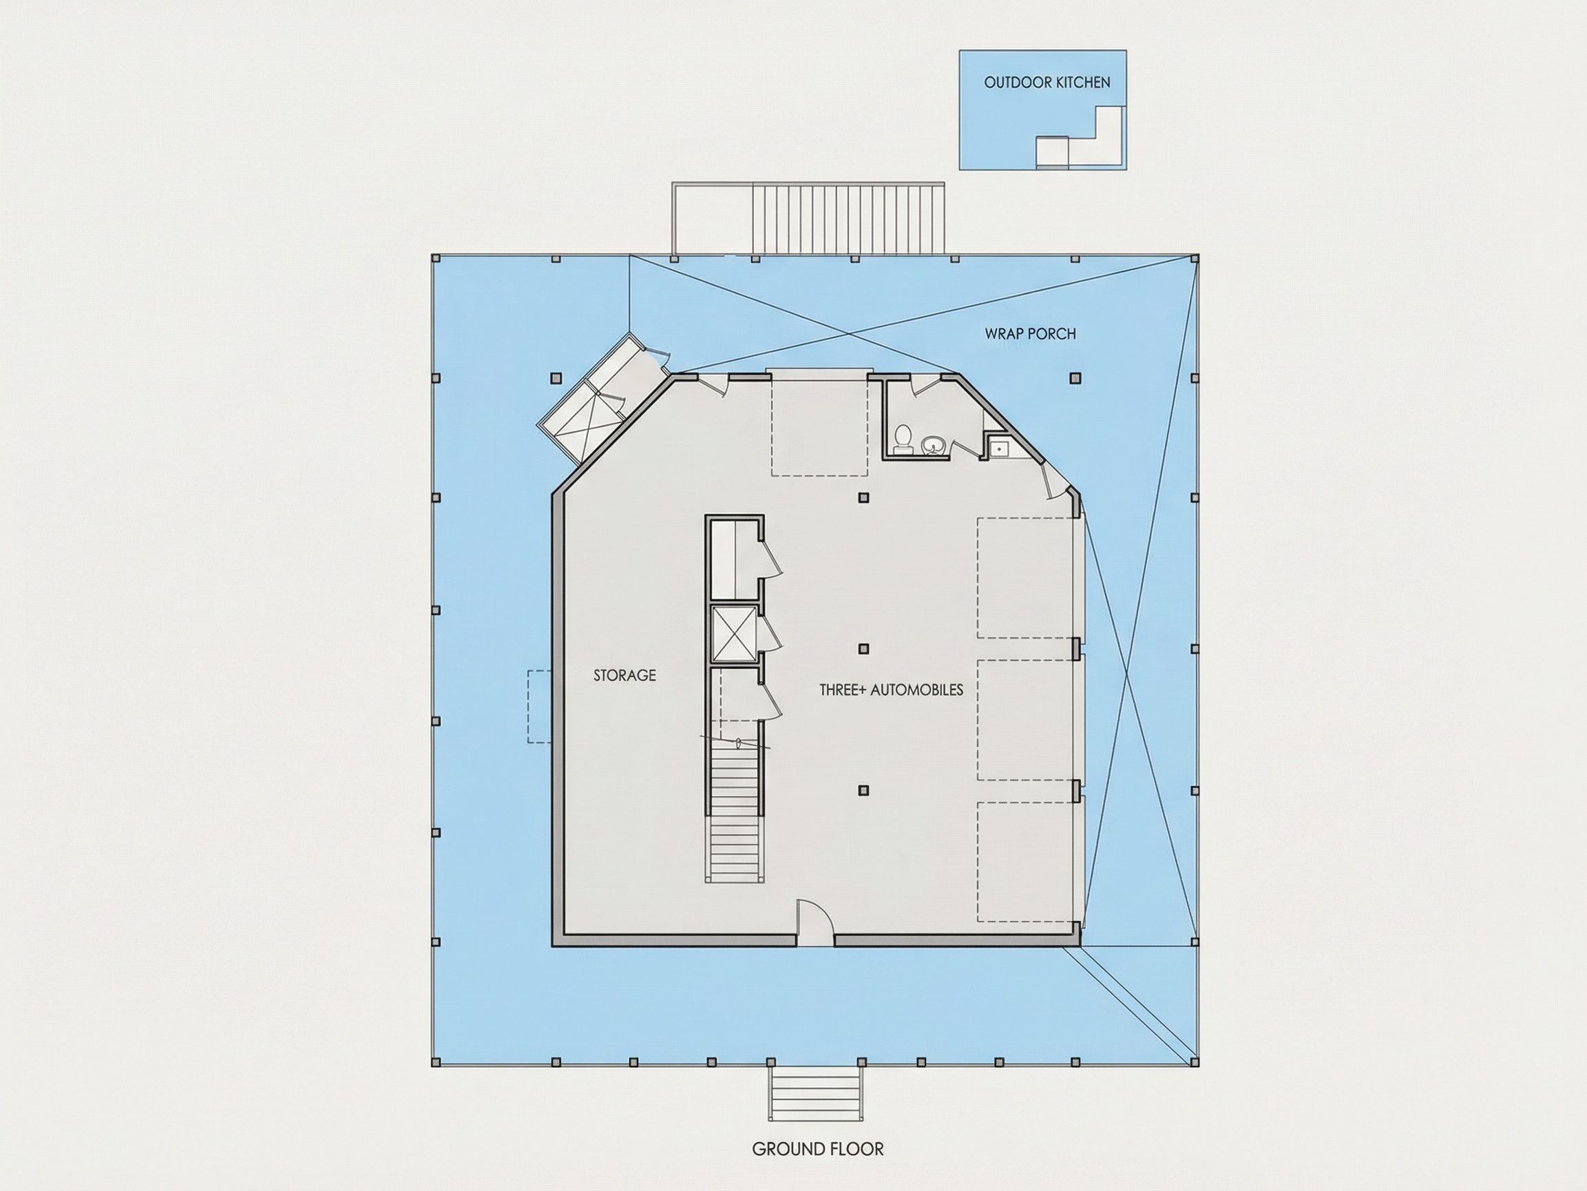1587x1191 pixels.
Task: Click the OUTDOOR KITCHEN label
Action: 1047,83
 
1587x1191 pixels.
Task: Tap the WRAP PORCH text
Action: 1030,334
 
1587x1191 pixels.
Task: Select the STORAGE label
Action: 624,675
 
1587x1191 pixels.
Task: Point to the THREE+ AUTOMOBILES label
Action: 891,690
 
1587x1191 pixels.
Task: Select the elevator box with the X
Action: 733,632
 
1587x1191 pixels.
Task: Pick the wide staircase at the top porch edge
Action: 848,218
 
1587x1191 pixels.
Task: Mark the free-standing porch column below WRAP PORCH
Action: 1075,377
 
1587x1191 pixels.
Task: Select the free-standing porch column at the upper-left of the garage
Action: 556,377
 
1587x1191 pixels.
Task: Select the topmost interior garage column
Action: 864,497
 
